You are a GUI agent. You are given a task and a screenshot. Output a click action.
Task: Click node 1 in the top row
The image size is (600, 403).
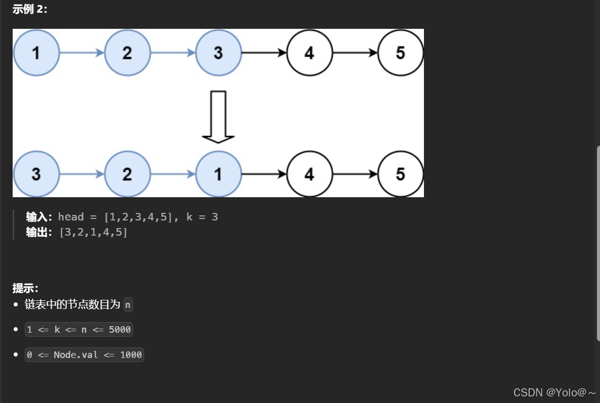36,53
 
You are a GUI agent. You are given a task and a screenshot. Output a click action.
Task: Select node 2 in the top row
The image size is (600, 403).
127,53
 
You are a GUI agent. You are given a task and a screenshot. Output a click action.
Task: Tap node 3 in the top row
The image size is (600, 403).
218,53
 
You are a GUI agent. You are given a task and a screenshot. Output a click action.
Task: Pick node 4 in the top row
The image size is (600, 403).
309,53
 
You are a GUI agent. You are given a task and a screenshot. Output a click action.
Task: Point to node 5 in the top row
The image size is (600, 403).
400,53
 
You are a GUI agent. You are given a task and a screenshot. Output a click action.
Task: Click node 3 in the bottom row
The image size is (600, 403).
36,174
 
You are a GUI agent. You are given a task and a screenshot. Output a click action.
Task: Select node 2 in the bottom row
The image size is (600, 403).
127,174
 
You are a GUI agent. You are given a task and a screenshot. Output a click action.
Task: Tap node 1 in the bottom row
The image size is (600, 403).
218,174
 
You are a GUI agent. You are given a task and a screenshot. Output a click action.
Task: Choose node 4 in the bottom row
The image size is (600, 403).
309,174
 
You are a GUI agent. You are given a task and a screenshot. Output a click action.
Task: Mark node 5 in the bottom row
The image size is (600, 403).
400,174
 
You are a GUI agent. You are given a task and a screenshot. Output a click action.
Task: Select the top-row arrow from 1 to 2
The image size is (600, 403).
81,53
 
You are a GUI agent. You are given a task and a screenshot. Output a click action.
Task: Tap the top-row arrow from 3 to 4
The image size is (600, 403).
264,53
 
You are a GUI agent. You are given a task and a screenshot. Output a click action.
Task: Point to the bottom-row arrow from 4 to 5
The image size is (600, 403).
355,174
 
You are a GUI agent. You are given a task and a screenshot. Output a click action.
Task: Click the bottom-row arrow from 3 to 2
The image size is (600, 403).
81,174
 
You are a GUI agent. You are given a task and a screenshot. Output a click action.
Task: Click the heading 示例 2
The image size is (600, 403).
30,10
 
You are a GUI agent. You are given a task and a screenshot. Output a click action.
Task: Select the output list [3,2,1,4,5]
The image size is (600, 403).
93,233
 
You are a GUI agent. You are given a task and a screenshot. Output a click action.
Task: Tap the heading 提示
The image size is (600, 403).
25,288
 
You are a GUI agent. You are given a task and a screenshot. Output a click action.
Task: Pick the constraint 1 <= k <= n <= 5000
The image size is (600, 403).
78,330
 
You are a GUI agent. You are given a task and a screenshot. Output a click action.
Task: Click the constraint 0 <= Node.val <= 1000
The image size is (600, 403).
84,355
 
